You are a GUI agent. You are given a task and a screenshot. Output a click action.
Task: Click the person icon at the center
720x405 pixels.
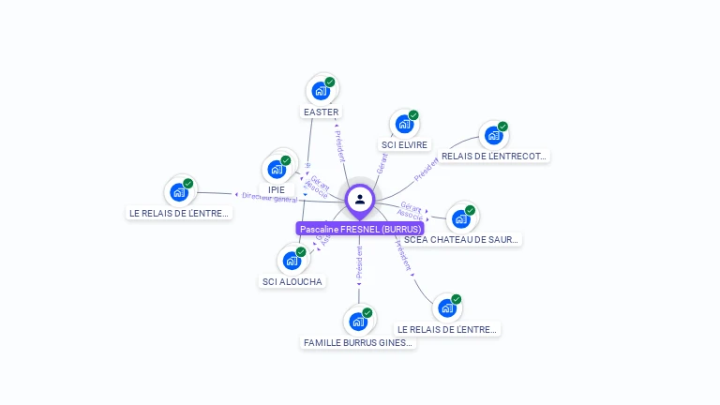(x=360, y=199)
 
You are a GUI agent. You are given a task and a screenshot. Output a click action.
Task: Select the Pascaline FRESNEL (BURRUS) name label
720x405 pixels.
(x=361, y=229)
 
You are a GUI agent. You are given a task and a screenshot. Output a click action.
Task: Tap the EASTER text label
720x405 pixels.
(x=321, y=112)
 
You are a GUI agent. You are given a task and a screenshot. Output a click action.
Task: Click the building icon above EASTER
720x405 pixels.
(x=321, y=91)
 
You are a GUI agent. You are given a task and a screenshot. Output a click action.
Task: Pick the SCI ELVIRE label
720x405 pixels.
(x=404, y=145)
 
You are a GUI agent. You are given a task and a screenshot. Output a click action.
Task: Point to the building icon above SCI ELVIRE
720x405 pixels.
(x=403, y=123)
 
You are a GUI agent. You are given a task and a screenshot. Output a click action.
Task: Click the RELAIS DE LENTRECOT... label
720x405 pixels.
(x=494, y=157)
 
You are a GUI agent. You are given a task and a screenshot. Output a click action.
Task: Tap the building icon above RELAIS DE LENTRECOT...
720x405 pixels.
(x=493, y=135)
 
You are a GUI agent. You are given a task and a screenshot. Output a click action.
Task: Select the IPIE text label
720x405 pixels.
(x=277, y=190)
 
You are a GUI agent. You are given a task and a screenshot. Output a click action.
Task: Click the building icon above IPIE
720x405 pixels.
(x=277, y=169)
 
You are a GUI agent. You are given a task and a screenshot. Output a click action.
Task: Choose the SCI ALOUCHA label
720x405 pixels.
(x=292, y=282)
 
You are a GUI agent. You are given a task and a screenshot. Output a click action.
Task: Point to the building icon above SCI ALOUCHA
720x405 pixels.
(x=292, y=260)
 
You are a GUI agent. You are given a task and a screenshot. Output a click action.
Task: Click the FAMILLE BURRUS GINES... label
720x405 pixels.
(x=358, y=343)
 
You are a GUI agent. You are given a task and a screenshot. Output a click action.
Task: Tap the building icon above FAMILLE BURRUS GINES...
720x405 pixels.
(x=357, y=322)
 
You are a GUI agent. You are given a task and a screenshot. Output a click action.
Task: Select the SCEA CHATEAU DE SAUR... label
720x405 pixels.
(x=461, y=240)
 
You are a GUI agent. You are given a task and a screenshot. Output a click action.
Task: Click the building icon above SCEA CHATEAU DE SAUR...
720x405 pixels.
(x=460, y=218)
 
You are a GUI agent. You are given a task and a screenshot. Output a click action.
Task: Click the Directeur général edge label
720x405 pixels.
(x=269, y=198)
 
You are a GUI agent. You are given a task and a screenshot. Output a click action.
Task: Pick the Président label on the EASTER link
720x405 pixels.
(x=339, y=146)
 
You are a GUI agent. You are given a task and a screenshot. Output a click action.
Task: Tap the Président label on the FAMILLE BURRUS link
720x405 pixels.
(x=359, y=263)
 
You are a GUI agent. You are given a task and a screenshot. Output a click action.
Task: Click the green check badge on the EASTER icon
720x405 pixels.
(x=330, y=82)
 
